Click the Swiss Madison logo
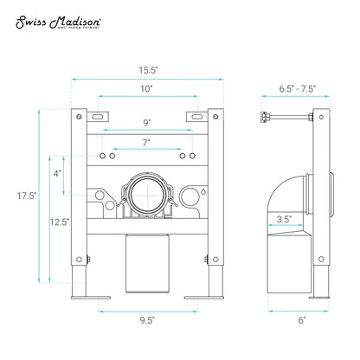[x=58, y=22]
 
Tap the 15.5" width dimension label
[x=149, y=70]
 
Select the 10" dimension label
[x=146, y=88]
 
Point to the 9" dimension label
[x=147, y=123]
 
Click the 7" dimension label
[x=146, y=143]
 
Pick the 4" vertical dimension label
[x=57, y=173]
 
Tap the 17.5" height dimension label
[x=27, y=196]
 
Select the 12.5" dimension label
[x=60, y=222]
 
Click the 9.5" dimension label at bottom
[x=147, y=320]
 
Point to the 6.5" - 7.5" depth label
[x=297, y=89]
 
